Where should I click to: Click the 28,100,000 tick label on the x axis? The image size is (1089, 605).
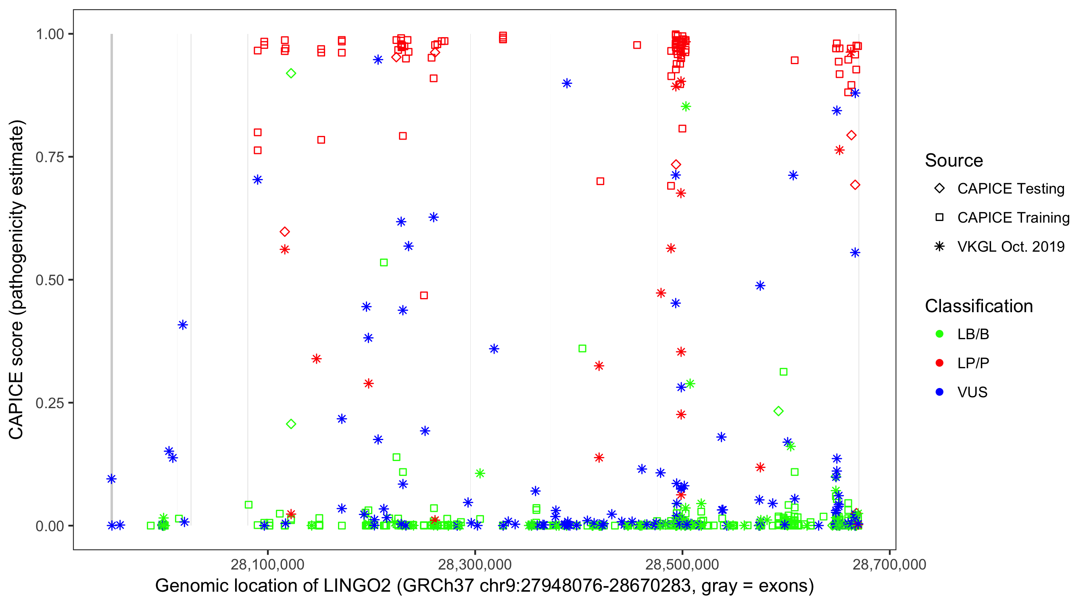(x=267, y=564)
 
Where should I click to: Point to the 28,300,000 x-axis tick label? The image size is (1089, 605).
(x=475, y=564)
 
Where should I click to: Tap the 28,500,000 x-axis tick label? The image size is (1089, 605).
(x=682, y=564)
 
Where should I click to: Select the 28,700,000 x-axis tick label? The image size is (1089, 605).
(x=889, y=564)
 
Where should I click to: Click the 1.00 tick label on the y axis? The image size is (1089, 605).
(x=50, y=34)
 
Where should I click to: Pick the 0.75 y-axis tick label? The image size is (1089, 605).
(x=50, y=157)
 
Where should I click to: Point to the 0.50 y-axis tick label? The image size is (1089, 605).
(x=50, y=280)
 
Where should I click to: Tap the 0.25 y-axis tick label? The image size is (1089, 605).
(x=50, y=403)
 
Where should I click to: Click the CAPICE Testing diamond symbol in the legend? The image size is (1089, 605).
(x=939, y=189)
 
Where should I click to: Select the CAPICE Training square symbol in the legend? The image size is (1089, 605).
(x=939, y=217)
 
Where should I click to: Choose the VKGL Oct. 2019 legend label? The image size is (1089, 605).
(x=1011, y=246)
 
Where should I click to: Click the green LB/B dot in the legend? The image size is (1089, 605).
(x=939, y=334)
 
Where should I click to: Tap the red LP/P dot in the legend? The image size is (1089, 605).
(x=939, y=363)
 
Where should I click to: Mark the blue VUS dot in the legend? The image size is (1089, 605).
(x=939, y=392)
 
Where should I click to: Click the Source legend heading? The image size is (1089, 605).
(x=954, y=161)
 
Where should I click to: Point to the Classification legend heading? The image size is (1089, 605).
(x=978, y=306)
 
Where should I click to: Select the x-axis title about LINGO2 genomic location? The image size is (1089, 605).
(x=484, y=586)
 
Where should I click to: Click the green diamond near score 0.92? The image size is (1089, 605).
(x=291, y=73)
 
